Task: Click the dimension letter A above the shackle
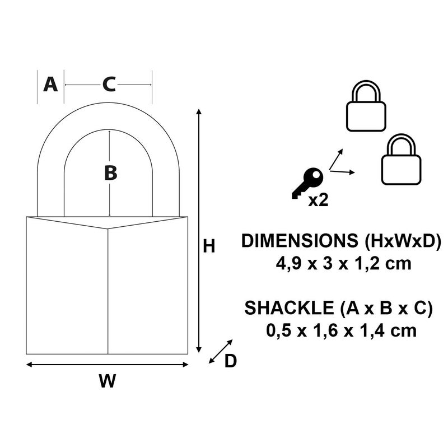[x=50, y=85]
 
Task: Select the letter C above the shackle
[x=109, y=85]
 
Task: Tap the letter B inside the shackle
[x=110, y=173]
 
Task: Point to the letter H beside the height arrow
[x=209, y=246]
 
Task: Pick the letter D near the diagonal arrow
[x=230, y=362]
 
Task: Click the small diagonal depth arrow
[x=220, y=351]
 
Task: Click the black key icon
[x=307, y=183]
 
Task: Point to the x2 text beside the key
[x=318, y=200]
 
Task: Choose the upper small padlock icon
[x=366, y=107]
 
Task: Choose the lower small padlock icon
[x=401, y=160]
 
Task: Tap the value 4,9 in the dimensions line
[x=286, y=263]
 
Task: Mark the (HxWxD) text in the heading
[x=402, y=241]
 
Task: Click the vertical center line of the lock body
[x=108, y=291]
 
